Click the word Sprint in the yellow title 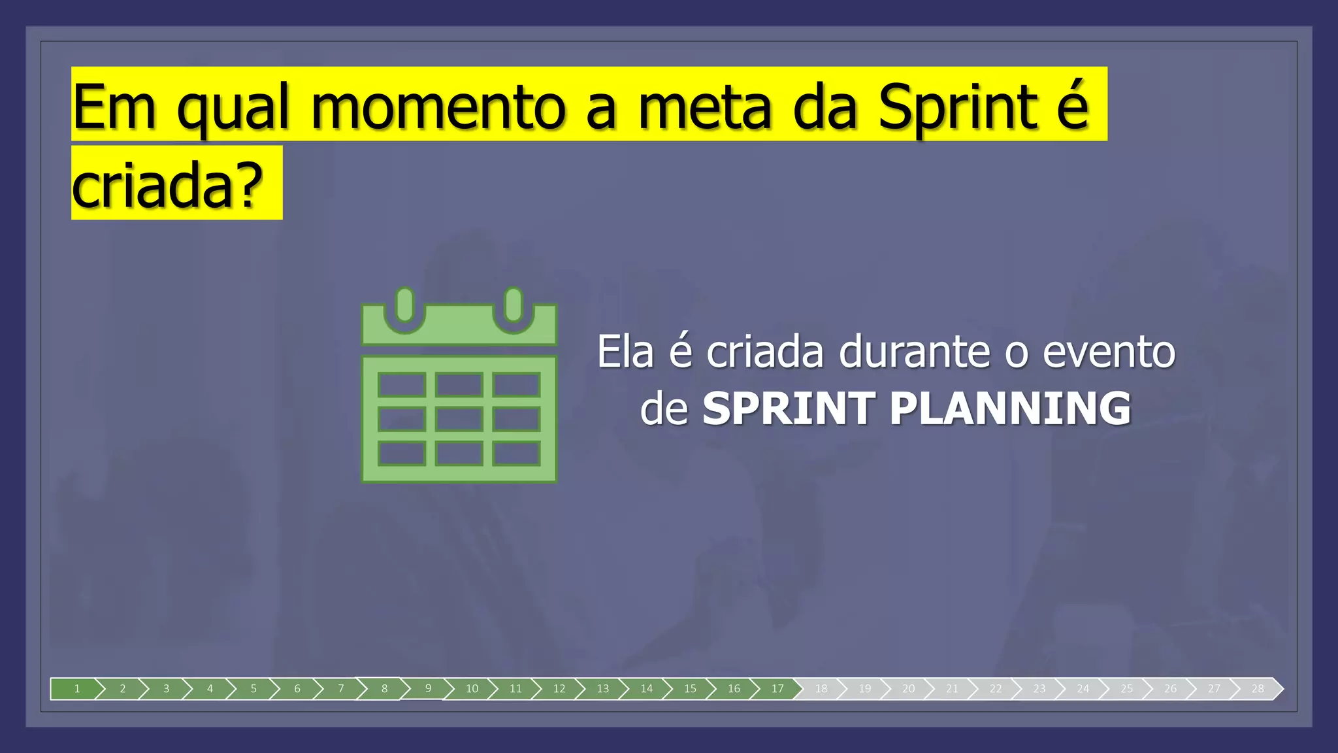[958, 107]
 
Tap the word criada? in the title [167, 185]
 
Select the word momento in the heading [438, 107]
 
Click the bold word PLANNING [1010, 409]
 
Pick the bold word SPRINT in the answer [789, 409]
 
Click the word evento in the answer [1109, 352]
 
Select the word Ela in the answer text [625, 352]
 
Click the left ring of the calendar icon [405, 305]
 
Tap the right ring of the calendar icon [514, 305]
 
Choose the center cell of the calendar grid [459, 419]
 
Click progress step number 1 [77, 688]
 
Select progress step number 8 [384, 688]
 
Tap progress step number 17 [777, 688]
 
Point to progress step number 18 [821, 688]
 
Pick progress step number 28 [1258, 688]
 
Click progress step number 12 [559, 688]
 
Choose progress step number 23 [1039, 688]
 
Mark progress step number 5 [253, 688]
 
